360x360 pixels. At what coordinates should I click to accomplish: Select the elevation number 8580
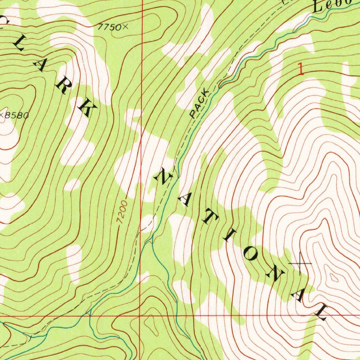[x=16, y=115]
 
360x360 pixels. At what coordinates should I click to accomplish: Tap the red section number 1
[x=301, y=69]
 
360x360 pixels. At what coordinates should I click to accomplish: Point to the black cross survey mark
[x=300, y=263]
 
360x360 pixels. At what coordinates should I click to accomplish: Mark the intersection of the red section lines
[x=140, y=316]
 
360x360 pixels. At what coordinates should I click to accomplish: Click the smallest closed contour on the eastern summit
[x=334, y=278]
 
